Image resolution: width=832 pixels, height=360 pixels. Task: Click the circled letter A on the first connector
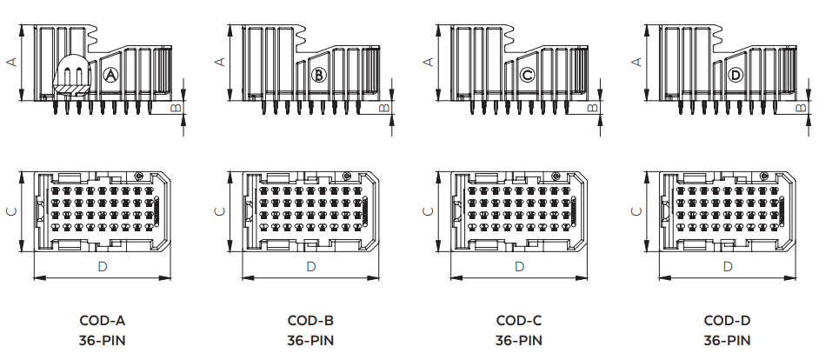click(110, 76)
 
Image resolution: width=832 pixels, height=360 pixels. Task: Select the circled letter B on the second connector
click(318, 76)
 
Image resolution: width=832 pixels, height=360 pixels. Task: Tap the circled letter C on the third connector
click(527, 76)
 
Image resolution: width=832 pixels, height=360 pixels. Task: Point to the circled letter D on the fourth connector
click(735, 76)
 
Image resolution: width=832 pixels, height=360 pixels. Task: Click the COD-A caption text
click(102, 321)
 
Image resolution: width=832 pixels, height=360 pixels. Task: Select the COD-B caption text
click(310, 321)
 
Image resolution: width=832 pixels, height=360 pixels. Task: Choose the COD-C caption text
click(519, 321)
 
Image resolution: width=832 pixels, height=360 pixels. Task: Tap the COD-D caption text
click(728, 321)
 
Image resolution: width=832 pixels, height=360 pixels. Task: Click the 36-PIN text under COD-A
click(102, 340)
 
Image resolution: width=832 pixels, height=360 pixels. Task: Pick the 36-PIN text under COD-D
click(728, 340)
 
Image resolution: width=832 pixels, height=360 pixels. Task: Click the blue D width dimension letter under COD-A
click(102, 266)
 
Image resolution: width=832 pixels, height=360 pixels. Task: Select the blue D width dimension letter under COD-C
click(519, 266)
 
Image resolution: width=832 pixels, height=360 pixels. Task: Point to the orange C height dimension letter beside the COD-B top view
click(219, 211)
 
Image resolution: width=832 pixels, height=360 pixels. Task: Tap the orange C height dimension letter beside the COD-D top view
click(636, 211)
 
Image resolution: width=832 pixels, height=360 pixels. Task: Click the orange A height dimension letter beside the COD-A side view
click(11, 62)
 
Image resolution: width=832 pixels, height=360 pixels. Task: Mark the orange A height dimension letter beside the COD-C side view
click(428, 62)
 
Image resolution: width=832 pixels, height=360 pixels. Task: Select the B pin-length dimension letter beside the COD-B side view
click(385, 108)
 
